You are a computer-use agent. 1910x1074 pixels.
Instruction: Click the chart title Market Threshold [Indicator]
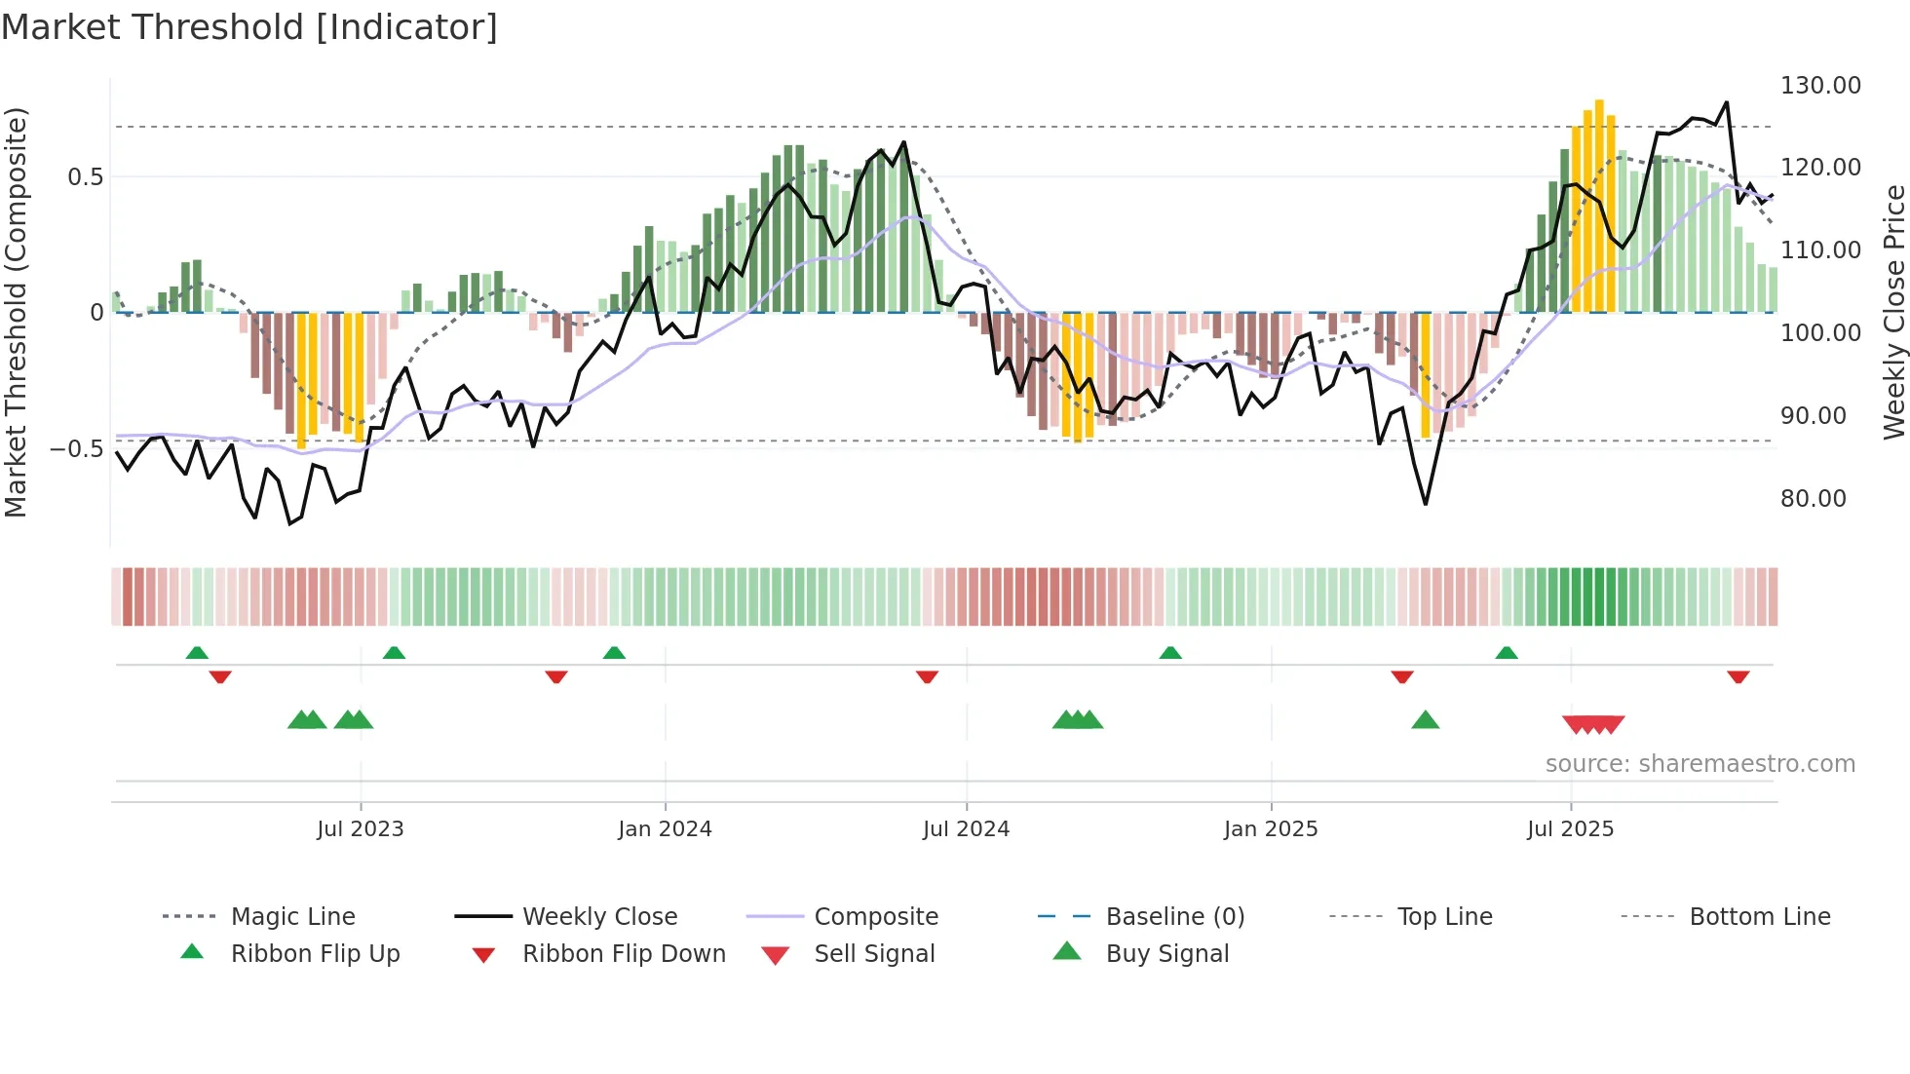[x=249, y=27]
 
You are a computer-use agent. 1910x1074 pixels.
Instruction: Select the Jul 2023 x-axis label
[x=360, y=829]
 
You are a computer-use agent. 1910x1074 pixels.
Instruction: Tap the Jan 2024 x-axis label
[x=665, y=829]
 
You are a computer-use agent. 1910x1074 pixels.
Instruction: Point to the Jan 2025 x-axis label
[x=1271, y=829]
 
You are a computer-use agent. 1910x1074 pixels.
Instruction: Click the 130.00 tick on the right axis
[x=1820, y=86]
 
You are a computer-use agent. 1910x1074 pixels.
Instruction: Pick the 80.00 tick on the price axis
[x=1814, y=499]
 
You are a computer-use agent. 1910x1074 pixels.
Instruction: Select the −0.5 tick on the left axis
[x=77, y=449]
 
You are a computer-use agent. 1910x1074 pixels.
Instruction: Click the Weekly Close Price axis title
[x=1893, y=312]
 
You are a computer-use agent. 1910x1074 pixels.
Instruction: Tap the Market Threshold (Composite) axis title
[x=17, y=312]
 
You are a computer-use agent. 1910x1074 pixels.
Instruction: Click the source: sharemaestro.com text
[x=1700, y=764]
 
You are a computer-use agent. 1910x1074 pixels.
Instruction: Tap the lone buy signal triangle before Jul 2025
[x=1425, y=721]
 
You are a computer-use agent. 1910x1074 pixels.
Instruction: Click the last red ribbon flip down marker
[x=1738, y=676]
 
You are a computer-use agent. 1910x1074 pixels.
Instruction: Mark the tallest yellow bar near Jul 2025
[x=1599, y=205]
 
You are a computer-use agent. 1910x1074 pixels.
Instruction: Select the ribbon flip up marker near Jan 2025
[x=1170, y=653]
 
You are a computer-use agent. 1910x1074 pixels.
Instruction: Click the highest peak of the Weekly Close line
[x=1726, y=102]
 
